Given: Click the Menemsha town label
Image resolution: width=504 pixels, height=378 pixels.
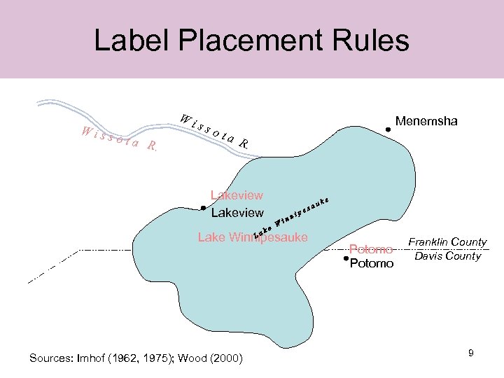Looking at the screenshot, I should point(426,121).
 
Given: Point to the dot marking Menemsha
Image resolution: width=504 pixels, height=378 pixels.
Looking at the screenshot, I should point(388,129).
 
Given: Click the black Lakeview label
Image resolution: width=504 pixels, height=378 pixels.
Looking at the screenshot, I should point(237,212).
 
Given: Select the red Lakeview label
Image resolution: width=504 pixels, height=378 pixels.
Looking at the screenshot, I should point(237,195).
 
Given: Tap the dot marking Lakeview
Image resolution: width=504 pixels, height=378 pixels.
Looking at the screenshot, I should point(202,208).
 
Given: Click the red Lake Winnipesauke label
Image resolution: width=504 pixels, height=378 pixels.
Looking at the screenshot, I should point(253,237).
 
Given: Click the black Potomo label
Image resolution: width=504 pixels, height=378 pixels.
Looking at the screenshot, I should point(371,264).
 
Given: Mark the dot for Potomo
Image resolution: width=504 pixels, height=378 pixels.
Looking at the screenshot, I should point(346,259).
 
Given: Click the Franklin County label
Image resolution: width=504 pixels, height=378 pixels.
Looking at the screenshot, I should point(447,242).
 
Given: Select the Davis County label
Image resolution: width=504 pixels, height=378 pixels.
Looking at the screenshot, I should point(447,256).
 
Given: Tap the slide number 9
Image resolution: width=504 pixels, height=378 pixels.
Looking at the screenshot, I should point(471,353).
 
